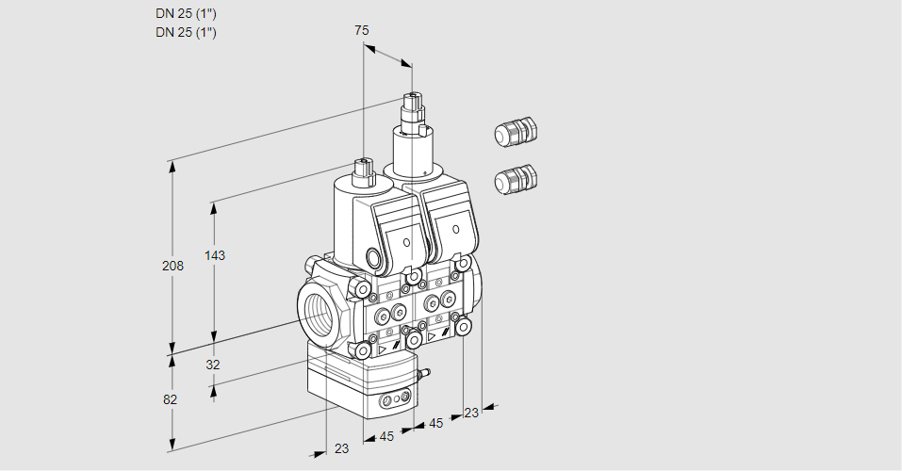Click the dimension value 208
[172, 267]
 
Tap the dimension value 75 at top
[361, 31]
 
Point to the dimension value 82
[170, 399]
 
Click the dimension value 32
[212, 365]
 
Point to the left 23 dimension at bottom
[341, 448]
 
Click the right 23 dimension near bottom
[471, 412]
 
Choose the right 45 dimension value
[435, 424]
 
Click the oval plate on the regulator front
[395, 403]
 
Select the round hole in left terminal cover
[407, 243]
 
